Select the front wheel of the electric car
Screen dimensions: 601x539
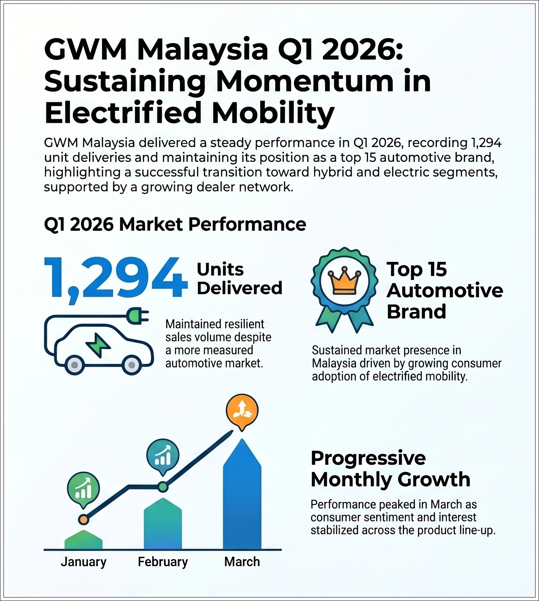[131, 365]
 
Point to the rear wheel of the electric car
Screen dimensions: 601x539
[75, 365]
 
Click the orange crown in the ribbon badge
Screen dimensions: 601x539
[344, 280]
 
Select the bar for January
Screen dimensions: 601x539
[83, 540]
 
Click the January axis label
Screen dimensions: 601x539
[83, 562]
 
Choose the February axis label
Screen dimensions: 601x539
[163, 562]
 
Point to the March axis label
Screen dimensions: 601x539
[242, 562]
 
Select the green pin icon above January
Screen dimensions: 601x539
[83, 489]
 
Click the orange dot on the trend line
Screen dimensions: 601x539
[83, 520]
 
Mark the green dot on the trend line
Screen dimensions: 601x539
[163, 486]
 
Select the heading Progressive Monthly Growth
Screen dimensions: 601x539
[390, 469]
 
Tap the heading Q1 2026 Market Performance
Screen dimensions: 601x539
[175, 224]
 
